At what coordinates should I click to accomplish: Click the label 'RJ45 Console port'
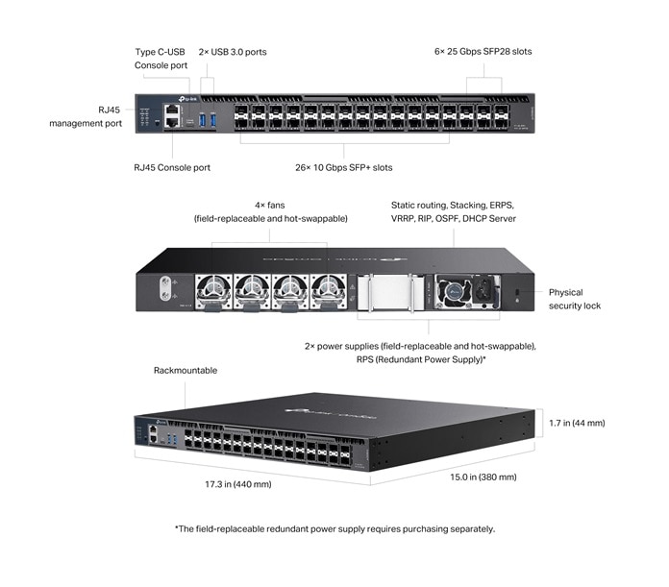click(172, 167)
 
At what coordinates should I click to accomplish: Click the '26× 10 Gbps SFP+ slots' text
click(343, 167)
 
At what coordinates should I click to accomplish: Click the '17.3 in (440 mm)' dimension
click(238, 484)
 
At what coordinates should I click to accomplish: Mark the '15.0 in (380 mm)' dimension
click(481, 477)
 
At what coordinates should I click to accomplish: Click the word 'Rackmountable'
click(186, 370)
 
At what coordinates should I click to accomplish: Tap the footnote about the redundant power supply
click(334, 528)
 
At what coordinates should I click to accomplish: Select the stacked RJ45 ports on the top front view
click(171, 117)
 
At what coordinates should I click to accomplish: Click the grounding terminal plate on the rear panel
click(164, 285)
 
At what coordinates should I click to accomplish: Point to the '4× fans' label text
click(270, 205)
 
